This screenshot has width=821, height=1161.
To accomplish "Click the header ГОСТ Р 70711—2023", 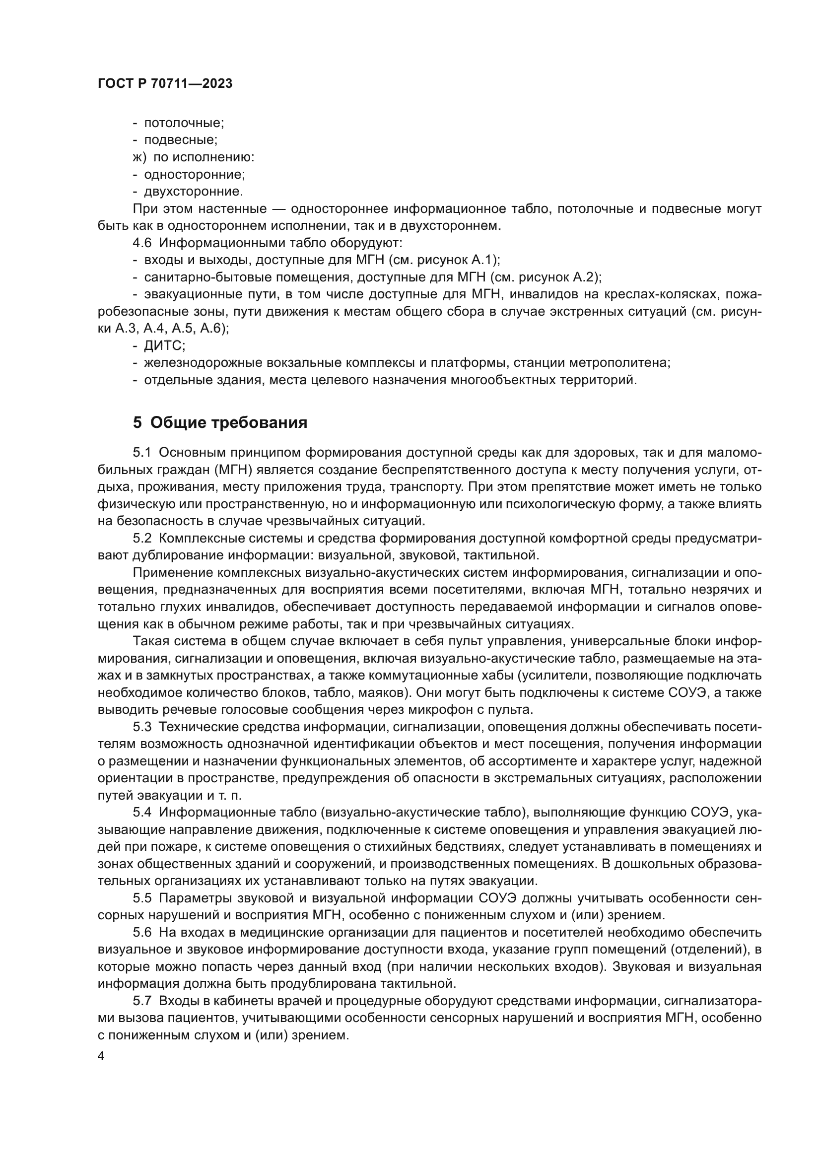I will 165,84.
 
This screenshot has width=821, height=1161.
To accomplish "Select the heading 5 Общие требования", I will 220,422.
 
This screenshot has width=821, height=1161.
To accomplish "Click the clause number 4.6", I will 142,243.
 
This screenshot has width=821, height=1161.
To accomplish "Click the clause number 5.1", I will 142,453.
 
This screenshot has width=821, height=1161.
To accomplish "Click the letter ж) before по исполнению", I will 139,157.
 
